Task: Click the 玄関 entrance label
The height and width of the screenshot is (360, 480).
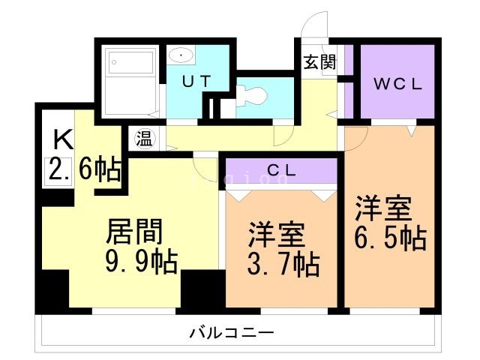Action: tap(319, 62)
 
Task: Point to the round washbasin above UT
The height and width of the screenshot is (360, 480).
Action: tap(181, 55)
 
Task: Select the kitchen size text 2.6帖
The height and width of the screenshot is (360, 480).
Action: tap(85, 169)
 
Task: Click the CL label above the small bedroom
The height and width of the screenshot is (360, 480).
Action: tap(281, 170)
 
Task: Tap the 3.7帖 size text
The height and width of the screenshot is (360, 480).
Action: tap(283, 264)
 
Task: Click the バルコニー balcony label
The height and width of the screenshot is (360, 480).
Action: tap(232, 331)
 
